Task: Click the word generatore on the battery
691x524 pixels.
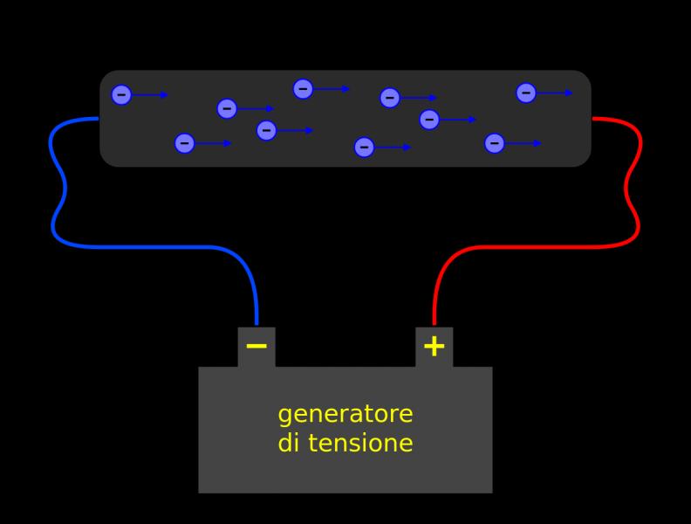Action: point(345,415)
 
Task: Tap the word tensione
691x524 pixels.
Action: point(360,443)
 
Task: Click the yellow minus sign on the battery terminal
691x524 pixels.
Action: point(257,346)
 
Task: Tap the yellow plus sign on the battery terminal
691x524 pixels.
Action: point(434,346)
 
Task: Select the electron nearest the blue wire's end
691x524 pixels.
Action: point(121,95)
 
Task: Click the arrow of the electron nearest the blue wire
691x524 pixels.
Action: point(150,95)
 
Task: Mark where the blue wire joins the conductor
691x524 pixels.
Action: point(99,118)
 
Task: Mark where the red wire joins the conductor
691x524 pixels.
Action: point(592,118)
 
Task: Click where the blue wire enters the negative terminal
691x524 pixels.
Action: point(257,326)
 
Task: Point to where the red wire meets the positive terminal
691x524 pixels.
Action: point(434,326)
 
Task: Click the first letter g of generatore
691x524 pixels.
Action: point(285,416)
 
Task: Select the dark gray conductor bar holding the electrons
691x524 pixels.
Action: point(345,118)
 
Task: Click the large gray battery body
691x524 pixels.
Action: point(345,429)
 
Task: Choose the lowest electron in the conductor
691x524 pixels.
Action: point(364,148)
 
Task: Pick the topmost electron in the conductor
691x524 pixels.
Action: point(304,89)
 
